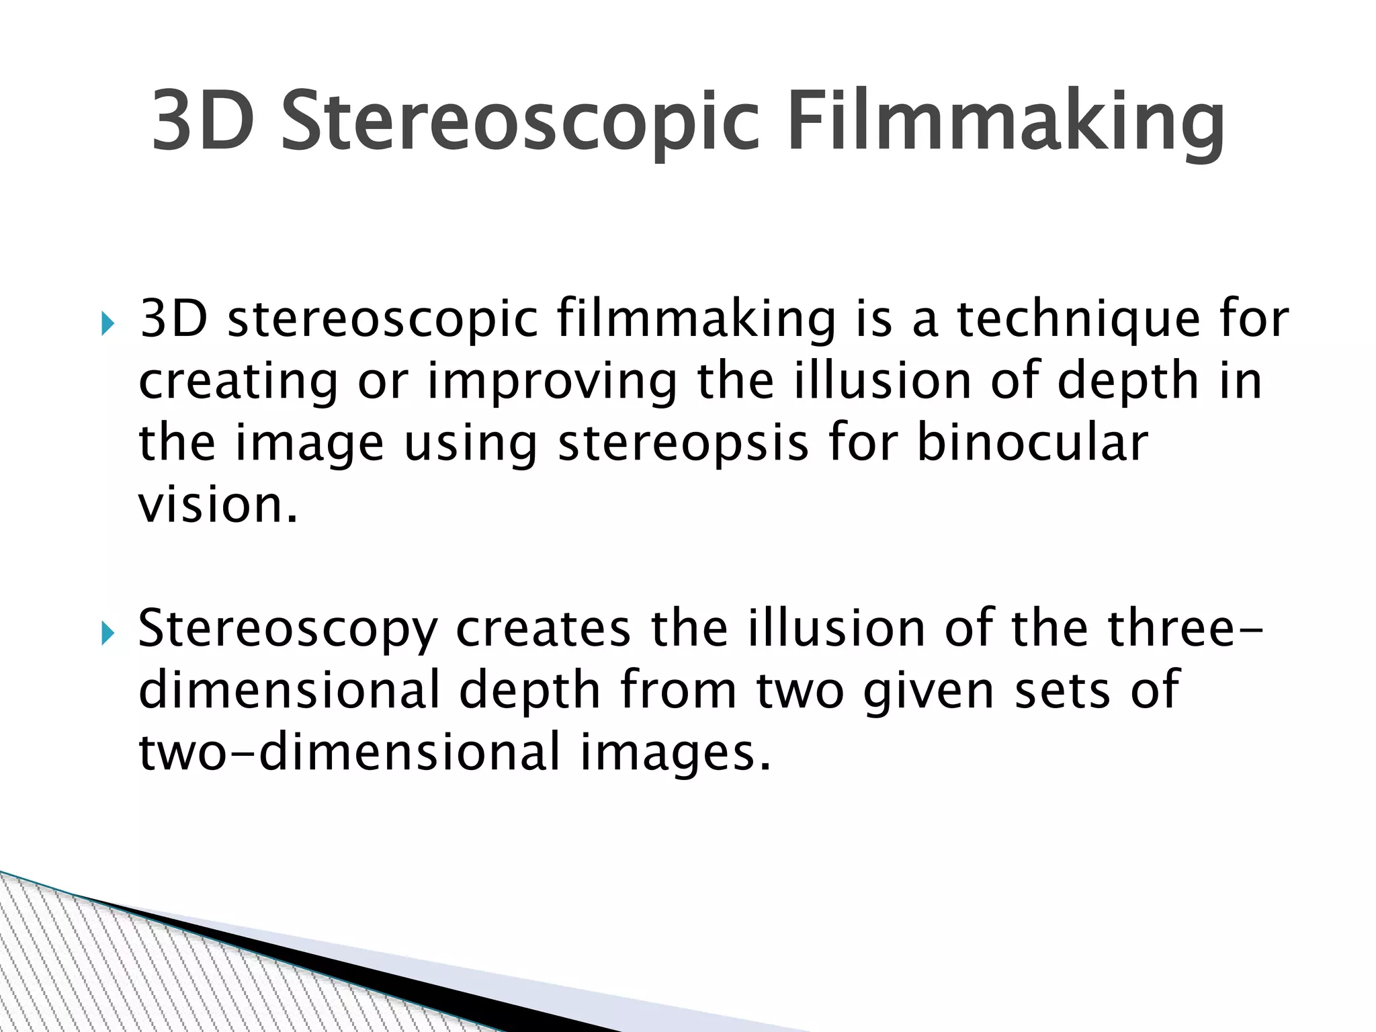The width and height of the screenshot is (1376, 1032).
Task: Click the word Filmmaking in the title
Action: [x=1005, y=122]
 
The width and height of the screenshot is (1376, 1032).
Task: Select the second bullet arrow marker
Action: [x=107, y=633]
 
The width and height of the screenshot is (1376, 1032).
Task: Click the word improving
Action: [x=552, y=382]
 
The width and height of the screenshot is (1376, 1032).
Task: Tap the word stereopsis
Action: [x=683, y=444]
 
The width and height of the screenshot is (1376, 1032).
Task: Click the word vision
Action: [x=217, y=505]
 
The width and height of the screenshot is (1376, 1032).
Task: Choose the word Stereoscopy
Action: [x=288, y=630]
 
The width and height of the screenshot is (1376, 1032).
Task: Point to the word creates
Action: [x=544, y=628]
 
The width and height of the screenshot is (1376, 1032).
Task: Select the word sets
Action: [x=1062, y=691]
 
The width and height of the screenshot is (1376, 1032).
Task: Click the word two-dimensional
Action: [x=349, y=752]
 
